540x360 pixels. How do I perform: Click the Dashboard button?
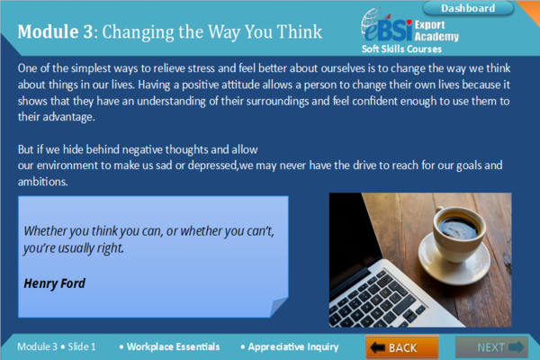(493, 8)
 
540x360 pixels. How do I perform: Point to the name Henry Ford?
(55, 283)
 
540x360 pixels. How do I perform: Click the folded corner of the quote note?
(278, 307)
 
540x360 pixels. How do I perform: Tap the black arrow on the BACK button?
(377, 347)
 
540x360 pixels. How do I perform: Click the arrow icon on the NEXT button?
(516, 346)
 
